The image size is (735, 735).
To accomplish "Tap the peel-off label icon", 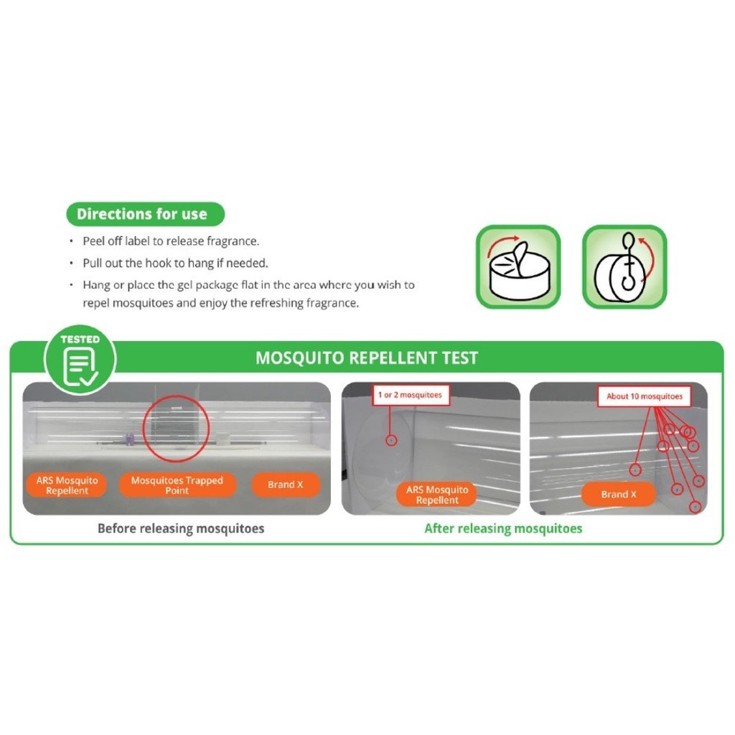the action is [518, 267].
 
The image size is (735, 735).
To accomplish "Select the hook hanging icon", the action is [624, 267].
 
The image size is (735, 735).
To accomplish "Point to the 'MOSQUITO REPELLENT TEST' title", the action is [366, 358].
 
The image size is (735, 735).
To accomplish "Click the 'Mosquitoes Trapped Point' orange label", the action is [177, 485].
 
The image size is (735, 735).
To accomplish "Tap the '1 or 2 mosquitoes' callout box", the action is [410, 395].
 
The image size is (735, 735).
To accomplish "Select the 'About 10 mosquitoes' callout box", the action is [644, 396].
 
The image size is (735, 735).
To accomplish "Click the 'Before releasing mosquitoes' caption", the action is [181, 529].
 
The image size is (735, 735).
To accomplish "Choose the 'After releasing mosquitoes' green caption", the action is [503, 529].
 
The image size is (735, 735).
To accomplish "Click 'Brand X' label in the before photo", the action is [285, 484].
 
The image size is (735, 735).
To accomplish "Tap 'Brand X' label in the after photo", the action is [618, 494].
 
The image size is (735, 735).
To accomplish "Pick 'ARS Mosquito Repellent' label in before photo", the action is [67, 485].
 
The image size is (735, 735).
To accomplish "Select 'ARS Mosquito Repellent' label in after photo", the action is [436, 495].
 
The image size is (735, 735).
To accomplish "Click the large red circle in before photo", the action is [176, 429].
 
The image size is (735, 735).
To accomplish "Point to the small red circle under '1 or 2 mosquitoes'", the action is [392, 439].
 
